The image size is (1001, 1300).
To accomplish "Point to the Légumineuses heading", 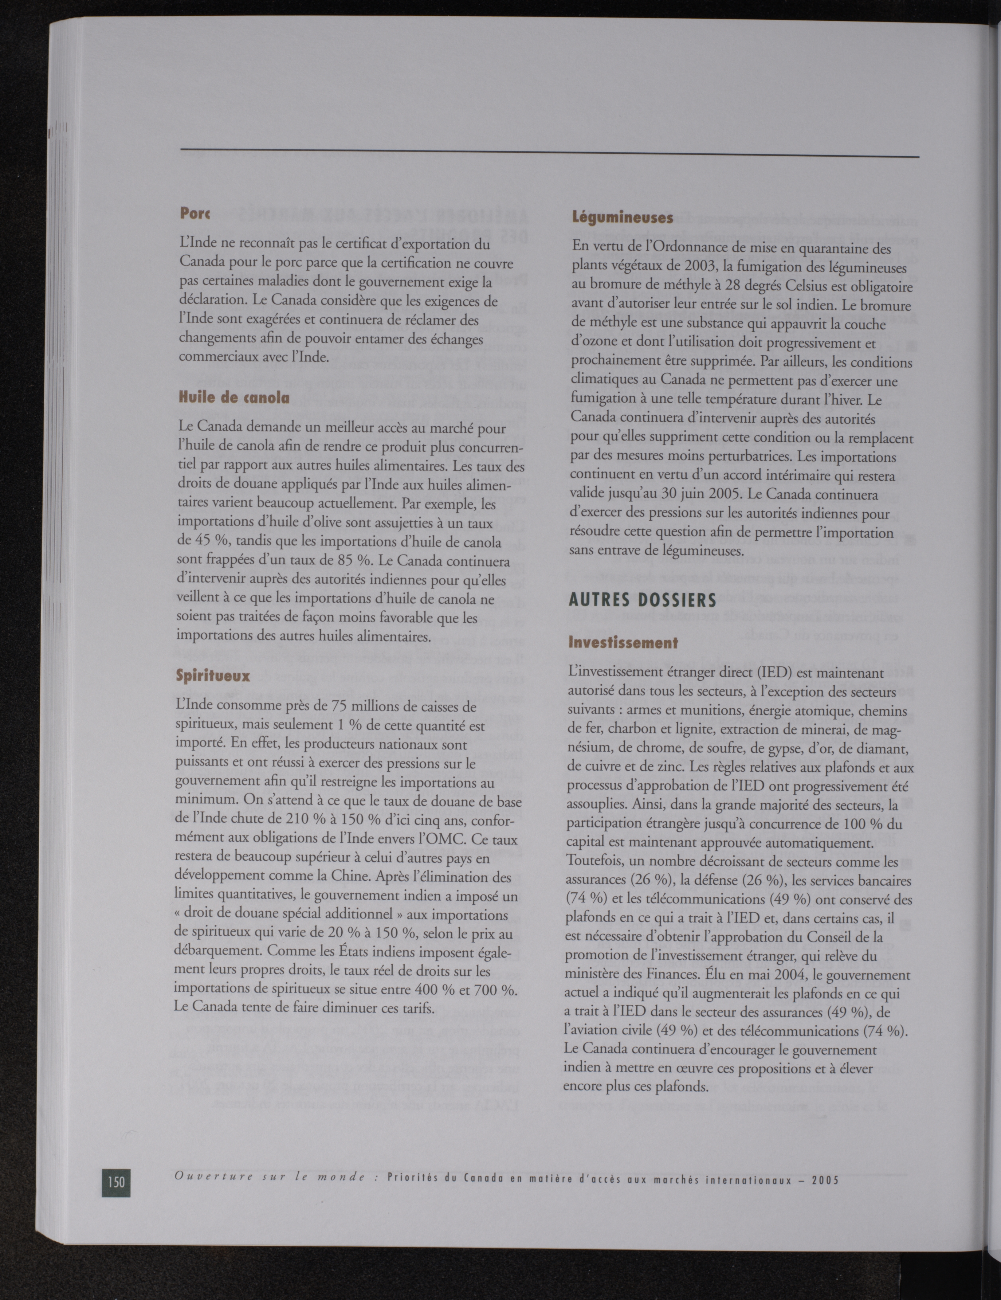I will tap(614, 218).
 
